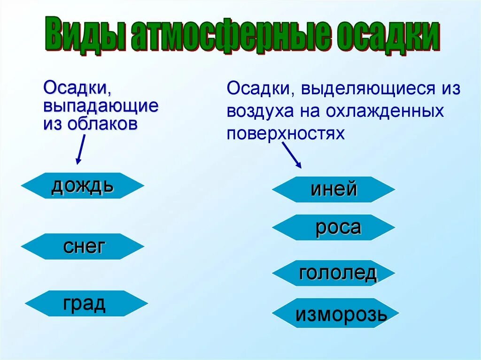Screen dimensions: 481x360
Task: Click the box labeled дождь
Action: pyautogui.click(x=82, y=186)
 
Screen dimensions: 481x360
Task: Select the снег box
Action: pyautogui.click(x=83, y=246)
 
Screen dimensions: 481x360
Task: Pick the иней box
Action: pyautogui.click(x=334, y=190)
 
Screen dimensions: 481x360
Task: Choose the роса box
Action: pyautogui.click(x=334, y=228)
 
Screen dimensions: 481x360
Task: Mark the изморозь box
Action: pyautogui.click(x=335, y=314)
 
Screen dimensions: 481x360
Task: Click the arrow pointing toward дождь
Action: pyautogui.click(x=80, y=149)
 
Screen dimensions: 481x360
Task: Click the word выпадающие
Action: pyautogui.click(x=101, y=106)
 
